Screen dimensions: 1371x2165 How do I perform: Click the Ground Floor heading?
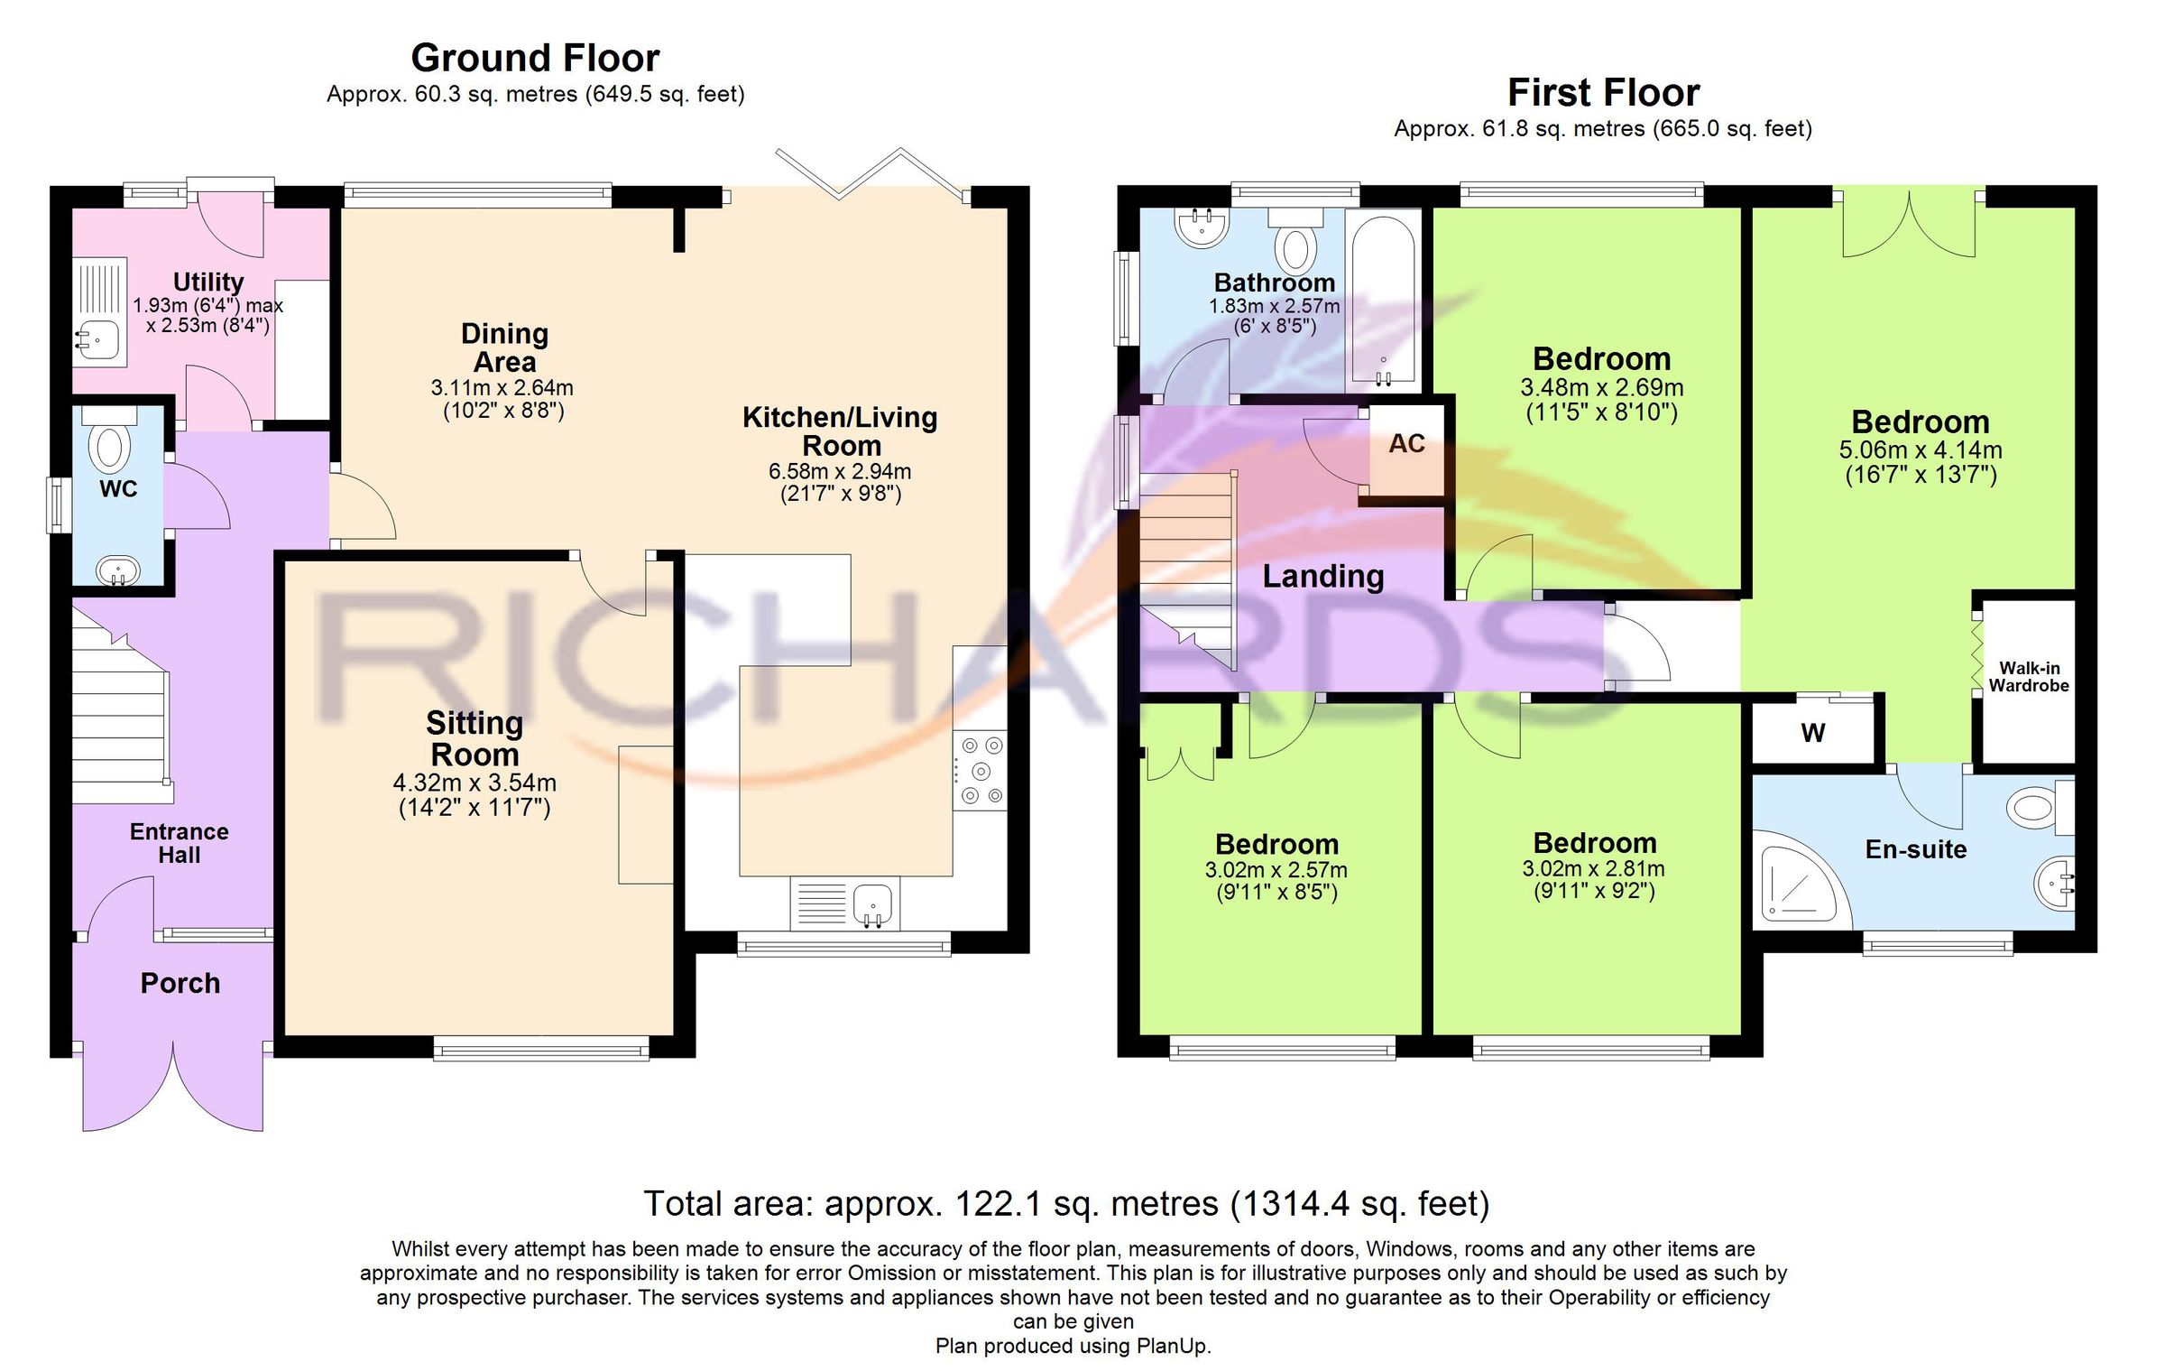tap(535, 59)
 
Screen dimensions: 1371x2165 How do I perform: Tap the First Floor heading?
tap(1603, 93)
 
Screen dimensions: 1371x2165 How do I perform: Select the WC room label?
tap(118, 489)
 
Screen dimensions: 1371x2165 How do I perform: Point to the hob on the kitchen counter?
tap(981, 771)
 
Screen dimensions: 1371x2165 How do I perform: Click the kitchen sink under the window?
tap(872, 903)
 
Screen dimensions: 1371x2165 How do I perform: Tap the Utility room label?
tap(207, 282)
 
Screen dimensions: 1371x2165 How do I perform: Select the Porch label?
tap(180, 983)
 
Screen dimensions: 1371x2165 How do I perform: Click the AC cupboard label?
tap(1406, 444)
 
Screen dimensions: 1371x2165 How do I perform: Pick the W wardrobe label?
tap(1813, 733)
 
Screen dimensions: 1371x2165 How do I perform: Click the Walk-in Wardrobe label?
tap(2029, 677)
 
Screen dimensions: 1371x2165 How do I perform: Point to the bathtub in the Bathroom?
tap(1383, 298)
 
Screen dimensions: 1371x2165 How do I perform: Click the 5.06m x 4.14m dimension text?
tap(1921, 449)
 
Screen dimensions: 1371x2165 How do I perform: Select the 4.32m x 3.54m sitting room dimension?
tap(474, 783)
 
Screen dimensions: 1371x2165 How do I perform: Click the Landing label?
tap(1322, 576)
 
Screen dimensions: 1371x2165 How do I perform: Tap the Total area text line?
tap(1066, 1204)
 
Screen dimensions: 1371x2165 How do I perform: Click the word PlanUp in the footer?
tap(1173, 1346)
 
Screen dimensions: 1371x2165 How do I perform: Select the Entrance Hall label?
tap(179, 843)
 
